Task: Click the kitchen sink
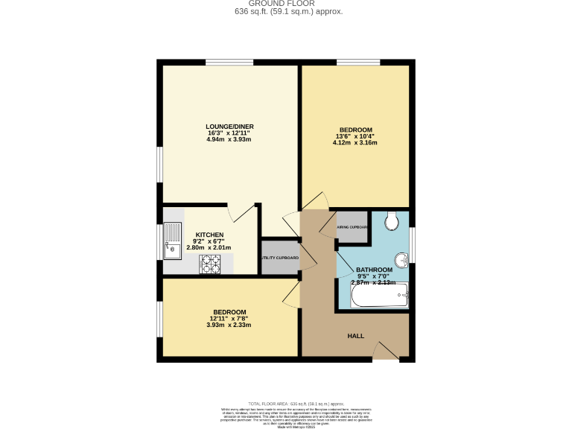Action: click(x=173, y=241)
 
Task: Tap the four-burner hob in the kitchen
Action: click(x=210, y=264)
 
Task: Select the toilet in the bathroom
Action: click(x=393, y=220)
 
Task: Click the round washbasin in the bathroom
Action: click(x=401, y=261)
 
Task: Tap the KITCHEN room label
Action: click(x=209, y=235)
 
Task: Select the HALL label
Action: click(x=356, y=336)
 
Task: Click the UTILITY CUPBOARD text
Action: click(x=279, y=258)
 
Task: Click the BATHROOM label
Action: click(x=374, y=270)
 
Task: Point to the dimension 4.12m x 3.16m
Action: click(x=355, y=142)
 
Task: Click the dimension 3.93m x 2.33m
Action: click(x=229, y=325)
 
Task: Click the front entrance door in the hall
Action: click(x=386, y=351)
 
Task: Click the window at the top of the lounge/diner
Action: click(x=229, y=62)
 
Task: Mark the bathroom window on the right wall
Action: click(x=412, y=245)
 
